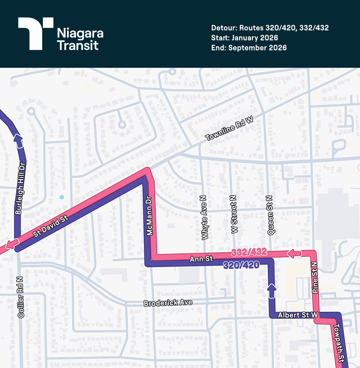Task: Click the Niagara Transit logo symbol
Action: pyautogui.click(x=36, y=34)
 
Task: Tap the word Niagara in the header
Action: pyautogui.click(x=80, y=33)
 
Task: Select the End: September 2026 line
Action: pyautogui.click(x=249, y=48)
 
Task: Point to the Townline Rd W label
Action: pyautogui.click(x=229, y=128)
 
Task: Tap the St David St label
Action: pyautogui.click(x=51, y=226)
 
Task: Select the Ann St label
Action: pyautogui.click(x=201, y=259)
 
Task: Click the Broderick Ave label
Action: pyautogui.click(x=168, y=303)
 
